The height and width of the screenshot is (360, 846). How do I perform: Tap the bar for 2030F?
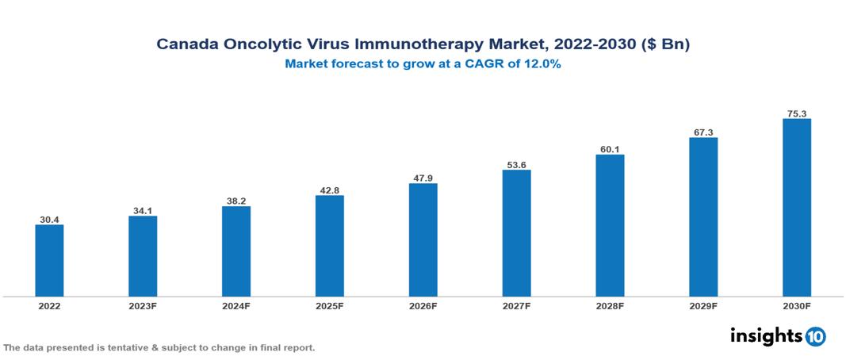click(x=797, y=208)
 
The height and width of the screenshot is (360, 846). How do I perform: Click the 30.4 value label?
click(x=49, y=219)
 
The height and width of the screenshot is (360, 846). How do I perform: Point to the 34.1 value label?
click(x=143, y=210)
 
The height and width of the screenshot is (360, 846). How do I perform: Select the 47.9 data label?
click(x=423, y=178)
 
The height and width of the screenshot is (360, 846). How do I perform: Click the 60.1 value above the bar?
click(x=610, y=148)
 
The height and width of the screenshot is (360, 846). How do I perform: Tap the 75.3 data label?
click(x=797, y=113)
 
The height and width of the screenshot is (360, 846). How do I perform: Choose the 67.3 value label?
click(x=703, y=132)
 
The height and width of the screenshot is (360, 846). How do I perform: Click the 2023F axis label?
click(x=143, y=305)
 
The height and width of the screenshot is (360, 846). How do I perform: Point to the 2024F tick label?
click(x=236, y=305)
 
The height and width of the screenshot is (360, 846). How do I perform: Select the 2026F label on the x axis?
click(x=423, y=305)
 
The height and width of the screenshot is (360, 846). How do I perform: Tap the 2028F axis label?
click(x=610, y=305)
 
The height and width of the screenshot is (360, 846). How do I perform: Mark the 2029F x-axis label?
click(x=703, y=305)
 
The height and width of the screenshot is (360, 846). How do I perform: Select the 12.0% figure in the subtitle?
click(x=542, y=65)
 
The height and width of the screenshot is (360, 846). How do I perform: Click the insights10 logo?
click(x=778, y=336)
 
